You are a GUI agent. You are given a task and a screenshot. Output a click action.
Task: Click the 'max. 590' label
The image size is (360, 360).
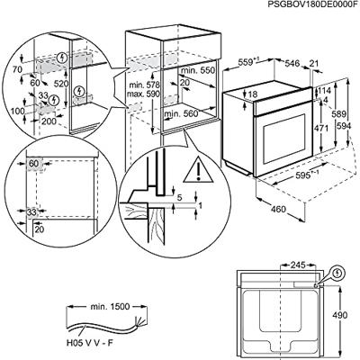[140, 94]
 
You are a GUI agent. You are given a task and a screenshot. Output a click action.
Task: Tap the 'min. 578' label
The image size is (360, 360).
[140, 84]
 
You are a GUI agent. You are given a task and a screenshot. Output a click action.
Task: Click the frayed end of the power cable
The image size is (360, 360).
[136, 320]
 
